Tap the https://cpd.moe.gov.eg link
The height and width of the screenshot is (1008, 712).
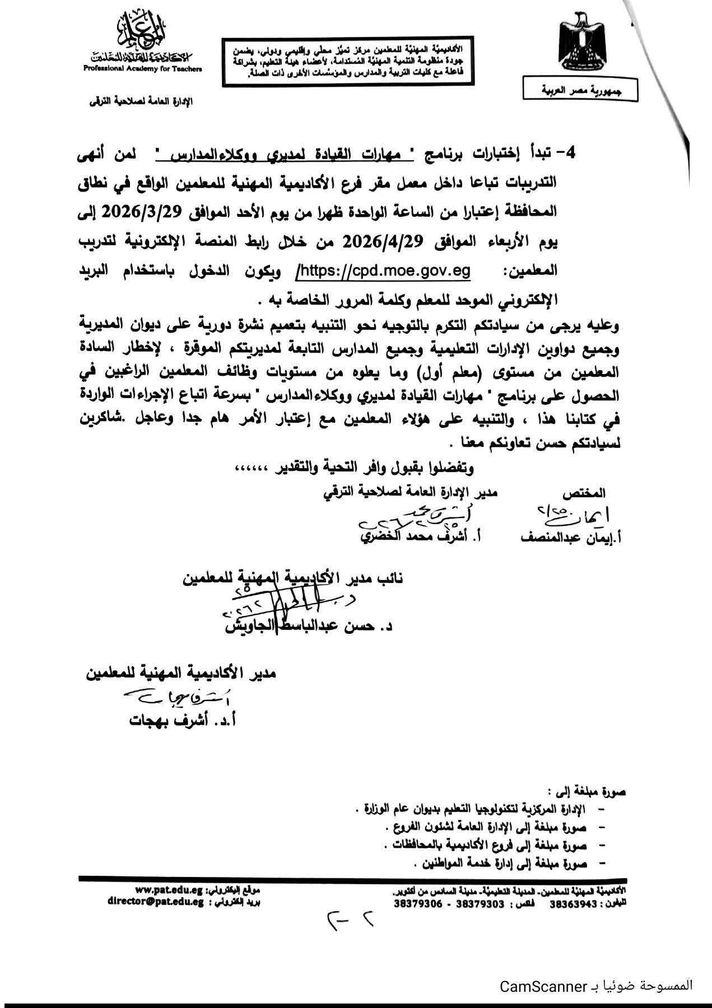(x=385, y=271)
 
